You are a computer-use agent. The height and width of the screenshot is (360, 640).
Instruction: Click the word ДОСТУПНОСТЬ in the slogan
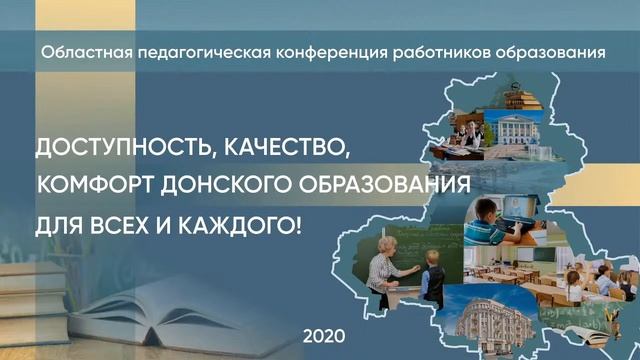(122, 151)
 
